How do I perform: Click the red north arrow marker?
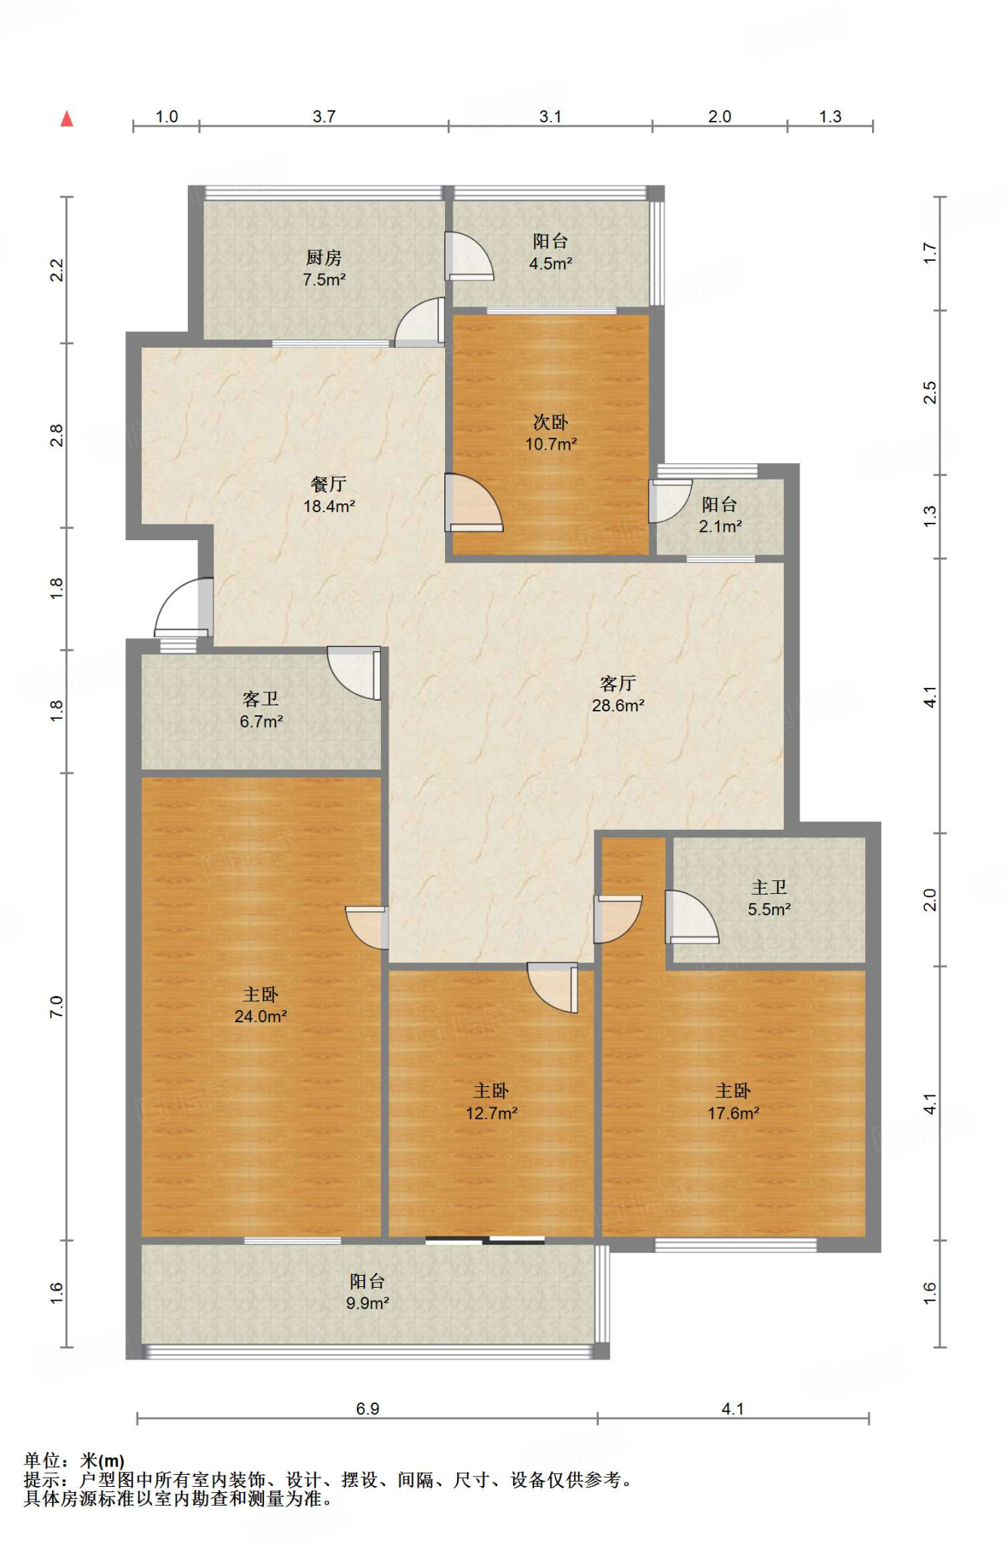click(x=67, y=118)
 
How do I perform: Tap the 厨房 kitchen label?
click(x=324, y=258)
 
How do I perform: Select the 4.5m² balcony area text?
click(x=551, y=264)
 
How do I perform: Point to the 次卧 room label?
click(x=551, y=422)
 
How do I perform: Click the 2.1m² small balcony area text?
click(x=720, y=527)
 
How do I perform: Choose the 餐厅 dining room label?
click(x=329, y=484)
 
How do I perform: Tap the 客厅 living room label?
click(x=618, y=683)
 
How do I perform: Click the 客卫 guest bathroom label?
click(x=261, y=699)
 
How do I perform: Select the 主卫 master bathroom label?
click(x=769, y=888)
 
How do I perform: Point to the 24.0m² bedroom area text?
click(x=261, y=1016)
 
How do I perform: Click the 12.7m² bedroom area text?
click(x=491, y=1113)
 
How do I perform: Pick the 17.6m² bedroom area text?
click(x=733, y=1113)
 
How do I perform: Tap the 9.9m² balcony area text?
click(x=367, y=1303)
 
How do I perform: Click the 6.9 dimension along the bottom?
click(x=367, y=1408)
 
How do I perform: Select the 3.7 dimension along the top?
click(x=324, y=116)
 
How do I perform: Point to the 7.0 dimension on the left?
click(x=57, y=1006)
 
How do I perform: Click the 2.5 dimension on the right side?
click(x=930, y=392)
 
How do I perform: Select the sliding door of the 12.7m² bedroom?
click(x=485, y=1239)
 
